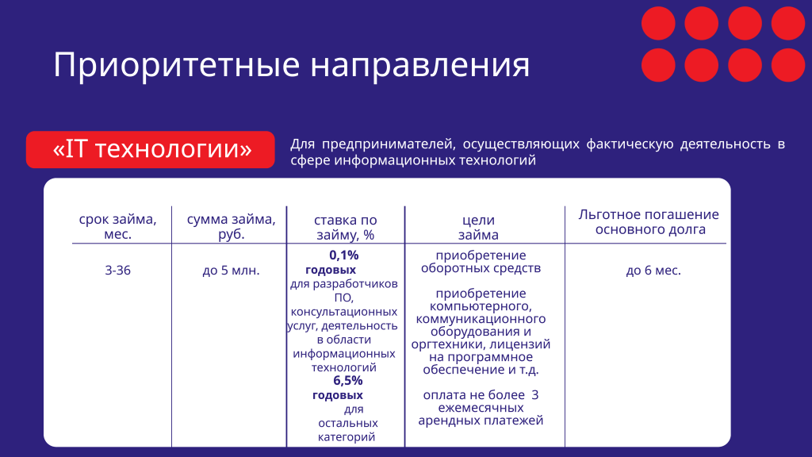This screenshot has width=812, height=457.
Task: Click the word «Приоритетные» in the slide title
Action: click(177, 65)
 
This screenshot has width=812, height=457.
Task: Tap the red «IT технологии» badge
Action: click(151, 149)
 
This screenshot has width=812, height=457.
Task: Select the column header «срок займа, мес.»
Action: click(117, 226)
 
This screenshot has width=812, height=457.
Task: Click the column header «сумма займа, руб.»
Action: click(231, 226)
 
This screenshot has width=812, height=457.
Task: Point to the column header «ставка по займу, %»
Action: click(345, 227)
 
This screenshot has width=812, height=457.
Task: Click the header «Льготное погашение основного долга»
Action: click(649, 222)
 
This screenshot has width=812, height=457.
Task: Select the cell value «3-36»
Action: click(117, 271)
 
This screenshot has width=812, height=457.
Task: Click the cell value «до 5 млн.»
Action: click(231, 271)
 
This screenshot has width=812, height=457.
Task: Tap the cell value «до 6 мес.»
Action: click(653, 271)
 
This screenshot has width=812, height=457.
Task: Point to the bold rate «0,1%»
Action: click(343, 255)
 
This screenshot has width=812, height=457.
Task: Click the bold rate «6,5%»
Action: click(347, 380)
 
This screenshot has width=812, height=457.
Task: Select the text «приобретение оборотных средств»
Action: click(481, 262)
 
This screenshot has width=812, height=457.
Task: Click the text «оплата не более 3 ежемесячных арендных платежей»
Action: click(481, 408)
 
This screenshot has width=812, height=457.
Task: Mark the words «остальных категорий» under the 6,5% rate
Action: click(347, 430)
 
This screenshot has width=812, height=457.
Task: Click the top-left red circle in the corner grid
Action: click(657, 23)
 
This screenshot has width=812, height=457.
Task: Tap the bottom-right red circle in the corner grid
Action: click(788, 65)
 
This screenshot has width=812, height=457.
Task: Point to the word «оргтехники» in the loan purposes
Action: click(446, 344)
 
